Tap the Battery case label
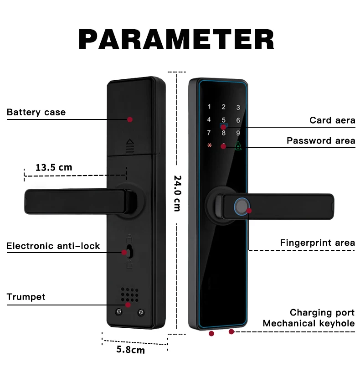point(36,112)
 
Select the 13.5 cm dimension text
point(54,167)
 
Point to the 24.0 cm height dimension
point(177,193)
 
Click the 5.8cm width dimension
point(131,350)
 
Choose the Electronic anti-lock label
point(53,246)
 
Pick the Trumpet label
point(26,297)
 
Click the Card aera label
point(332,120)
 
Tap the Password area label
point(321,140)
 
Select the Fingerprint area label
point(317,243)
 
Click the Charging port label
point(322,313)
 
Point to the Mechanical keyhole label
point(309,324)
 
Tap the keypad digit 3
point(238,108)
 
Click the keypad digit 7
point(209,133)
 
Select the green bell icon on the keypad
point(238,146)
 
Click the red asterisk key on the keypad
point(209,146)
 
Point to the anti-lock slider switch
point(129,252)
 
